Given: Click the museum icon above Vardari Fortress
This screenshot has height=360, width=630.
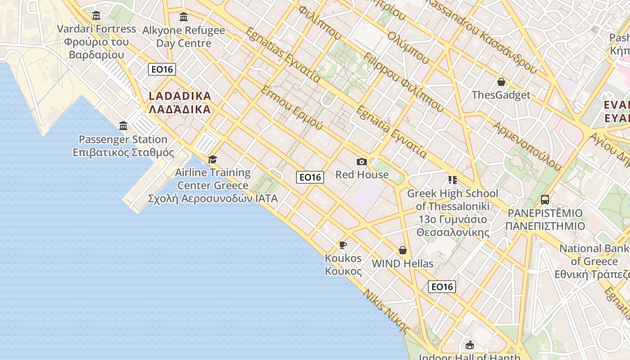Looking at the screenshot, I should click(96, 16).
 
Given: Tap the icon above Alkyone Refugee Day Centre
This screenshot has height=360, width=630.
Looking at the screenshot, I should click(184, 17).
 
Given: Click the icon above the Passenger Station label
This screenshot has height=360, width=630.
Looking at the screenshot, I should click(123, 126).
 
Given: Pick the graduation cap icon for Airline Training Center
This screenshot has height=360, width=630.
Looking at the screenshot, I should click(212, 159).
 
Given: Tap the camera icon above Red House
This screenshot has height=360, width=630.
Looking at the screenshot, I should click(362, 162).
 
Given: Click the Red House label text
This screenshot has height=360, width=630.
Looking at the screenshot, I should click(362, 175).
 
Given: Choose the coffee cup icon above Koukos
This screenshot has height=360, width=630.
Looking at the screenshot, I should click(343, 245).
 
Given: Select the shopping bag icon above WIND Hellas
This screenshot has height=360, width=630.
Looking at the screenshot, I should click(403, 250).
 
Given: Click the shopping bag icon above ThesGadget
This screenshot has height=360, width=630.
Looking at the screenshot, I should click(501, 82).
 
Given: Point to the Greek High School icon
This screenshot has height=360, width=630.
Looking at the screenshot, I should click(452, 180).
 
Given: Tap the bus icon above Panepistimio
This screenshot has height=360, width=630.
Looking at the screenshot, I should click(544, 199).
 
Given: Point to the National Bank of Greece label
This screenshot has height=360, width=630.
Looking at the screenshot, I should click(594, 261).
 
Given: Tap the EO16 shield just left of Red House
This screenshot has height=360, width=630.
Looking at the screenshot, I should click(310, 177).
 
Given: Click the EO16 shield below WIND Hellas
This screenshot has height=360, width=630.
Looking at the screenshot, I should click(441, 287).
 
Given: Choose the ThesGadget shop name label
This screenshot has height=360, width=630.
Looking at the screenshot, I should click(501, 95).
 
